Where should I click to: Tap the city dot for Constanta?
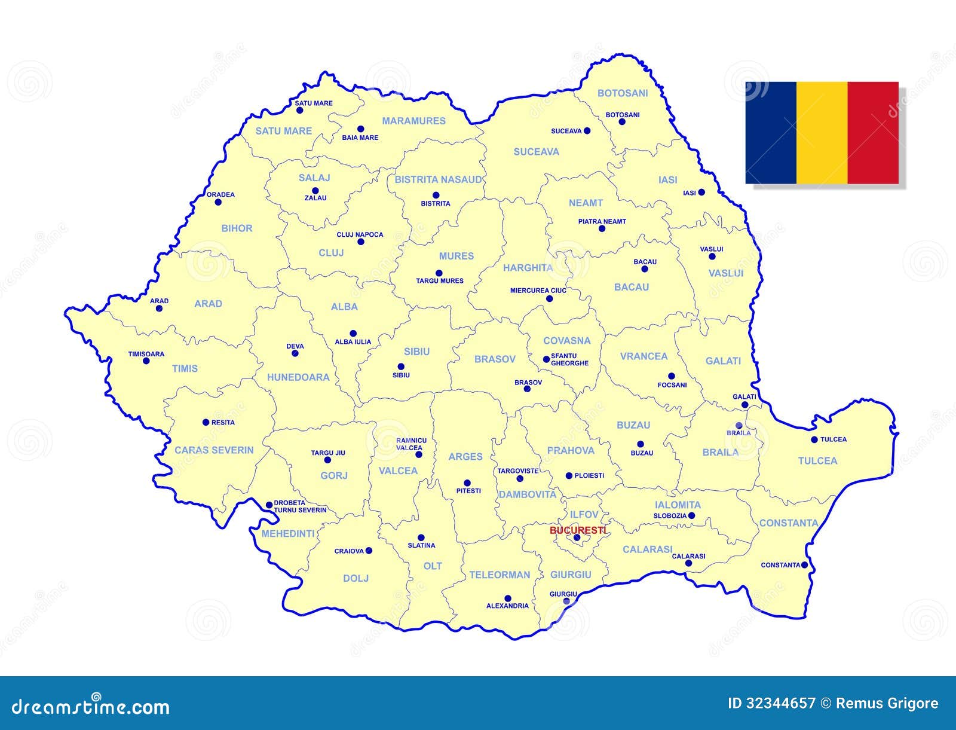(x=804, y=564)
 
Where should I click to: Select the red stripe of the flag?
(x=873, y=133)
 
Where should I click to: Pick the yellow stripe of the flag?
(x=822, y=133)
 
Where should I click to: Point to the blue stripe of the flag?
(x=771, y=133)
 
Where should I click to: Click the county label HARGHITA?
(x=528, y=268)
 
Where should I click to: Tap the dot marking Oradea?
(x=218, y=202)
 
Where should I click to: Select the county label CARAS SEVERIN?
(x=214, y=450)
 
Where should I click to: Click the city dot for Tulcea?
(x=814, y=439)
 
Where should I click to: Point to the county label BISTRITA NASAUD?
(x=439, y=179)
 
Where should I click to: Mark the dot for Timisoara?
(x=146, y=361)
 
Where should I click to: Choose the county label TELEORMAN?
(x=500, y=575)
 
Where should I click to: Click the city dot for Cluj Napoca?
(x=360, y=242)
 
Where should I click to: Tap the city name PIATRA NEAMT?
(x=602, y=221)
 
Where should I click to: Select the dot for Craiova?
(x=369, y=551)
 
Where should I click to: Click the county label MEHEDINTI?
(x=288, y=534)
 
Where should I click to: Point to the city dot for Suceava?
(x=587, y=131)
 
